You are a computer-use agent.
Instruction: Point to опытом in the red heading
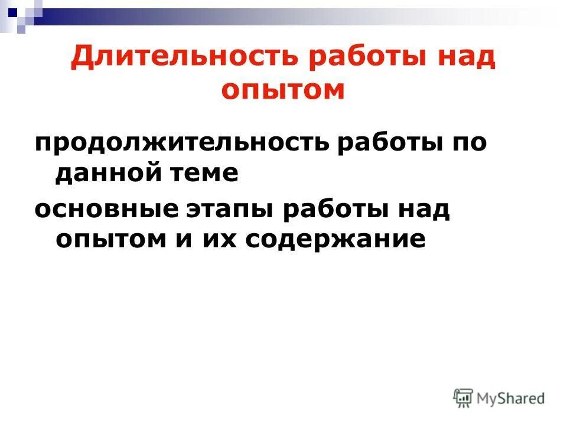[x=283, y=90]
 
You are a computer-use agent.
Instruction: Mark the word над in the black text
[x=423, y=211]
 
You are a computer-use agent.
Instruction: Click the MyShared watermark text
[x=511, y=399]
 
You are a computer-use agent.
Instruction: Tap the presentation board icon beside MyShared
[x=463, y=398]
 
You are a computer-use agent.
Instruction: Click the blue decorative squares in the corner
[x=18, y=13]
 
